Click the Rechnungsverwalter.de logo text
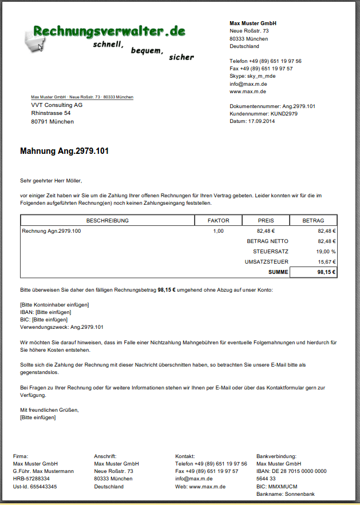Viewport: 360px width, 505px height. [x=109, y=31]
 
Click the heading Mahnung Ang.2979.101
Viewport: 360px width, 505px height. [x=64, y=152]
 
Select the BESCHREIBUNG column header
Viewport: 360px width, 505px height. [x=108, y=221]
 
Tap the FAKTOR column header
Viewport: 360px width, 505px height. [x=219, y=221]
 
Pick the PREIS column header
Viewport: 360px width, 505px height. [x=266, y=221]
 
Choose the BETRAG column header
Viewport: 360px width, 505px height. [x=313, y=221]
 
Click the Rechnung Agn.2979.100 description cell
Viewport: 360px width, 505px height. [x=52, y=231]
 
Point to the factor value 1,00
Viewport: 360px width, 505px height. [x=218, y=231]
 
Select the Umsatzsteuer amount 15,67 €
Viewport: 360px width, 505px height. [x=326, y=262]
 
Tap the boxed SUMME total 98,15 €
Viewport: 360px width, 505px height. [x=326, y=272]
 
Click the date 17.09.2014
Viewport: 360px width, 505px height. [x=262, y=121]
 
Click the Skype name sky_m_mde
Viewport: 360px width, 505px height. [x=261, y=76]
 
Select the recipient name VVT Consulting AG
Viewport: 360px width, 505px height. [x=57, y=105]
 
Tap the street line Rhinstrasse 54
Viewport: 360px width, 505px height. [x=51, y=113]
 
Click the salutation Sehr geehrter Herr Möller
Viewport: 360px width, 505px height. [x=51, y=181]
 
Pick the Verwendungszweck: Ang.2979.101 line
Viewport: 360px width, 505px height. [x=62, y=327]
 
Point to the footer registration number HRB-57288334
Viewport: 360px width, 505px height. [x=31, y=479]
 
